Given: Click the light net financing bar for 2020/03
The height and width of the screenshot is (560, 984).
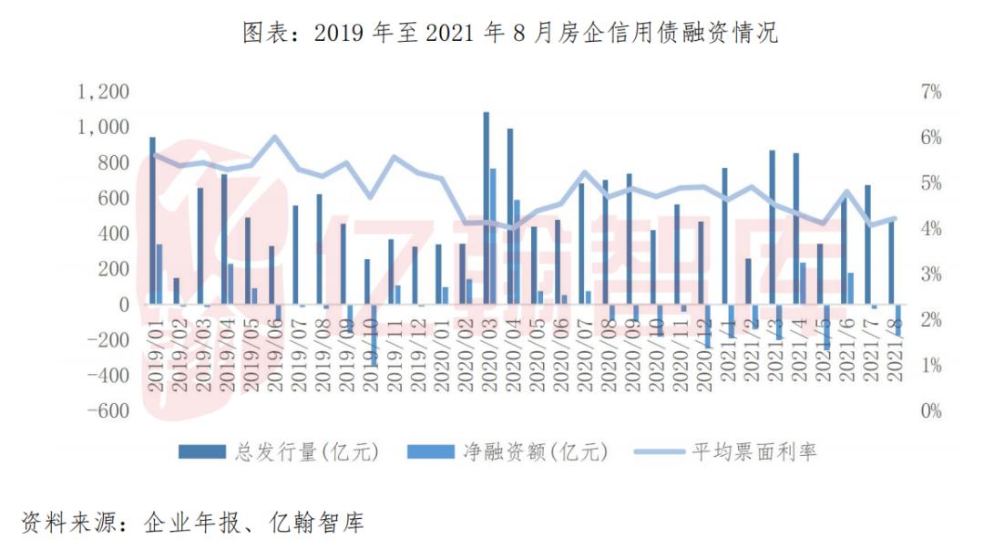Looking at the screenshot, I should [493, 236].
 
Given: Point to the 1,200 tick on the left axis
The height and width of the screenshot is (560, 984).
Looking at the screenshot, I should [103, 92].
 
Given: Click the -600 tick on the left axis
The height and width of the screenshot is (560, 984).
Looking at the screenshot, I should [103, 410].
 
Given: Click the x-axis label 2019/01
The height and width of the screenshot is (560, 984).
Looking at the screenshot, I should [157, 356].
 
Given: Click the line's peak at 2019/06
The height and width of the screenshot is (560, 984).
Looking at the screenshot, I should [275, 137].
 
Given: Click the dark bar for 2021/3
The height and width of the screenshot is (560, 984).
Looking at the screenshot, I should [772, 227].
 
